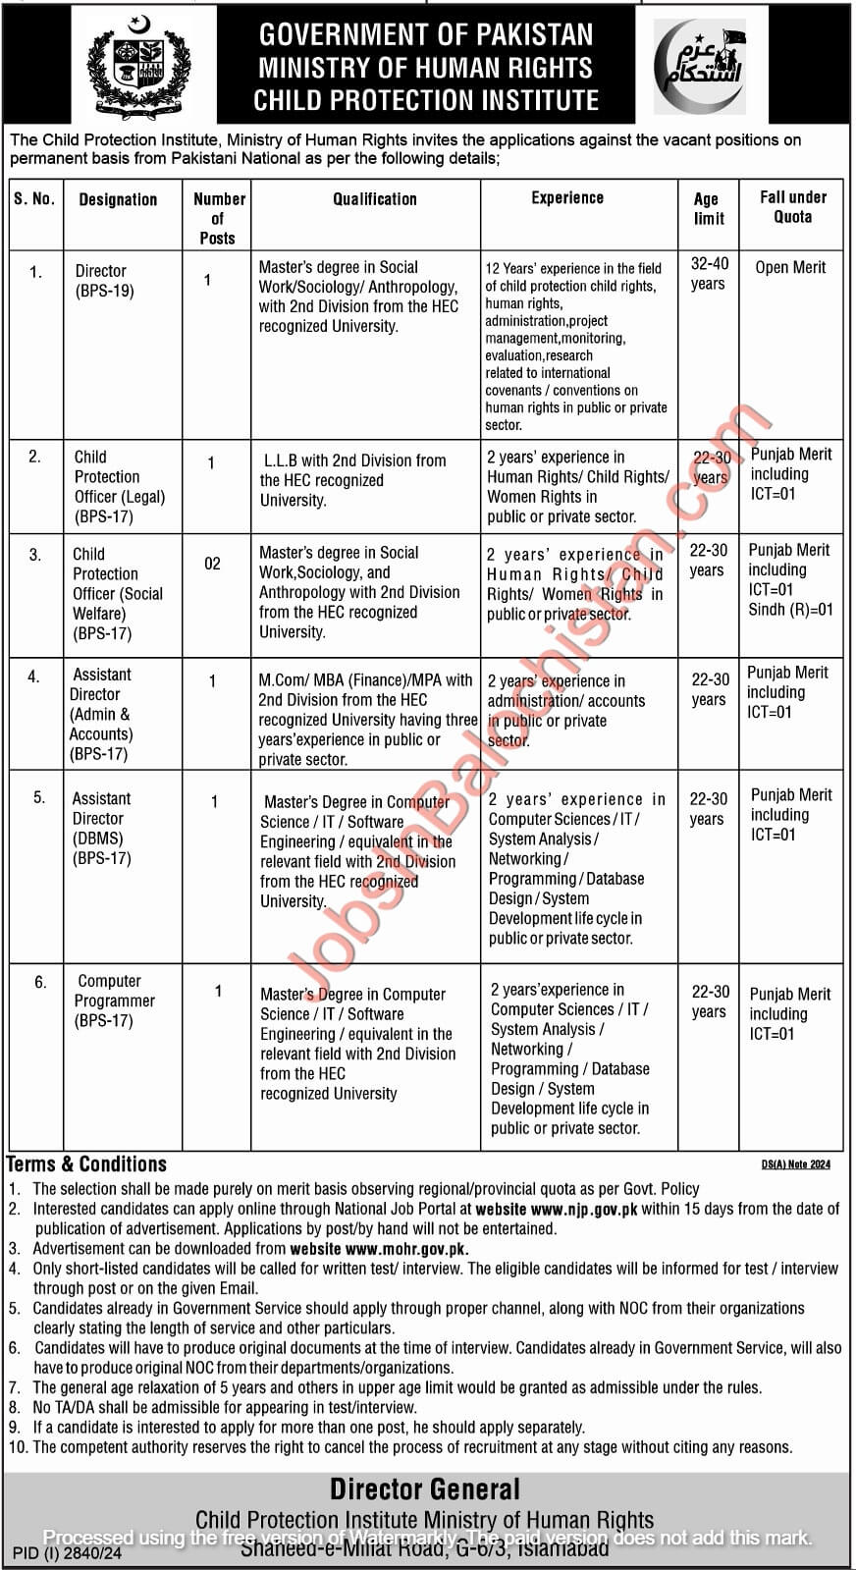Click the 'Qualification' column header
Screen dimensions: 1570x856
[374, 199]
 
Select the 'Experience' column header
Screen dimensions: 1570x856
[567, 198]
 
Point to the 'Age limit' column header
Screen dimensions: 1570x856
[708, 208]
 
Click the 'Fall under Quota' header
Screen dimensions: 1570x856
[792, 207]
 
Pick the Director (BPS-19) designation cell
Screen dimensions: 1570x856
[104, 281]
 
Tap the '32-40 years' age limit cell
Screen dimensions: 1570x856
[708, 274]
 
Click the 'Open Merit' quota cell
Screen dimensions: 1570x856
[790, 267]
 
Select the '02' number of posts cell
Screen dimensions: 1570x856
[212, 564]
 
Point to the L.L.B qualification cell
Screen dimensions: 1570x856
[353, 480]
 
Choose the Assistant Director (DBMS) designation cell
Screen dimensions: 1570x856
[101, 828]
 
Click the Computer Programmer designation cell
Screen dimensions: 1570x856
[114, 1001]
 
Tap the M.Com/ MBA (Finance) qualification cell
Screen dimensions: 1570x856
[366, 719]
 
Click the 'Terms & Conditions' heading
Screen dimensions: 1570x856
[87, 1164]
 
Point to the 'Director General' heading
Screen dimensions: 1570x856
[425, 1489]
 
